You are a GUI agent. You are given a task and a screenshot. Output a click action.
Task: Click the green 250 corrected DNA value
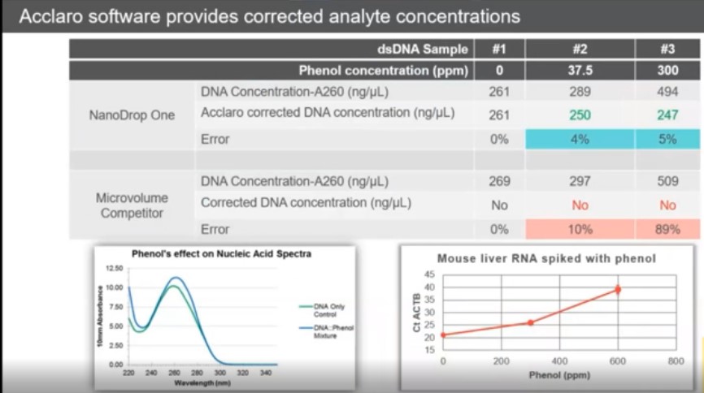tap(580, 115)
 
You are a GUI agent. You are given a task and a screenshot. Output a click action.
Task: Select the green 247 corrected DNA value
tap(667, 115)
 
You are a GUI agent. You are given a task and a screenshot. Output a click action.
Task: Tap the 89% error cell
tap(667, 230)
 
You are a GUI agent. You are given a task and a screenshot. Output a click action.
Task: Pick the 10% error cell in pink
tap(580, 230)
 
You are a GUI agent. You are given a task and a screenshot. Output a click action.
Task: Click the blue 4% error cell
tap(580, 139)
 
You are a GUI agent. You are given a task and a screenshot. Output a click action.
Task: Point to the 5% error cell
tap(667, 139)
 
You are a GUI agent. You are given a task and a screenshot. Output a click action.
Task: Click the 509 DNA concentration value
tap(667, 182)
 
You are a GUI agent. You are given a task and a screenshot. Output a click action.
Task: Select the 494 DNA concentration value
tap(667, 92)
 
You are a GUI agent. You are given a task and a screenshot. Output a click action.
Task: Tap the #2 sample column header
tap(580, 49)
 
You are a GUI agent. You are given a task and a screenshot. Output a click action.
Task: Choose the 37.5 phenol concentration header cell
tap(580, 71)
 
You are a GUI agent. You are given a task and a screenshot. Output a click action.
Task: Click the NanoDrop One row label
tap(132, 115)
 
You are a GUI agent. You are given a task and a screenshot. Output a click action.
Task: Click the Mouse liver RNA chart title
tap(545, 259)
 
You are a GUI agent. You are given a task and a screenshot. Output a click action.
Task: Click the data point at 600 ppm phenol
tap(618, 289)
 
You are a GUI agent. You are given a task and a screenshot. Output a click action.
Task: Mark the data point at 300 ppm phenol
tap(530, 322)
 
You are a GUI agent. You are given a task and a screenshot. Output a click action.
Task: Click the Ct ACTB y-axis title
tap(416, 313)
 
